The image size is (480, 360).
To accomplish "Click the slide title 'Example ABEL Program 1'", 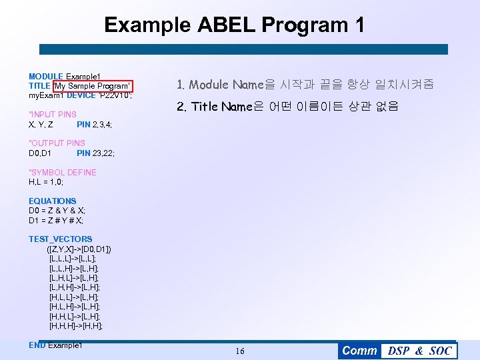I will pos(234,25).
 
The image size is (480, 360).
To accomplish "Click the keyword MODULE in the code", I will pos(45,77).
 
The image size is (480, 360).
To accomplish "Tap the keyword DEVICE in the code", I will pos(81,95).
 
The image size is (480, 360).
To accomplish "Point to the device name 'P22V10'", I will pos(115,95).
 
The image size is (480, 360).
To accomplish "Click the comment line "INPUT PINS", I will pos(53,115).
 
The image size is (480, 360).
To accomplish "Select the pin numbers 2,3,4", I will pos(103,125).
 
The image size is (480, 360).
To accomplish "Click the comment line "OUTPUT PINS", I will pos(57,143).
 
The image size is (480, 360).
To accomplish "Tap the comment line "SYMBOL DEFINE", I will pos(63,172).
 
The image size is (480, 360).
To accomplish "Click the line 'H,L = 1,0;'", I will pos(46,182).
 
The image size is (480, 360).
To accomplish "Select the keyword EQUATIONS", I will pos(52,201).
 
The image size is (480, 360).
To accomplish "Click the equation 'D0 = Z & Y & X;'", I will pos(57,211).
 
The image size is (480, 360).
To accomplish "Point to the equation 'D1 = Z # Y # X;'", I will pos(57,221).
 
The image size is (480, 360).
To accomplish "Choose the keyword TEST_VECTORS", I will pos(60,239).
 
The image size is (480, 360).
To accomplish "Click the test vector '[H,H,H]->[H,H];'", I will pos(76,326).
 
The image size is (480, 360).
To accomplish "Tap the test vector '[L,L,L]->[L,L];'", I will pos(73,258).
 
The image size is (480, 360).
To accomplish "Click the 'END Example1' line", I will pos(55,345).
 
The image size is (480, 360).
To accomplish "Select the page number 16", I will pos(240,351).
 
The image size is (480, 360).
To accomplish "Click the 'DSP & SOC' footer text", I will pos(419,351).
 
